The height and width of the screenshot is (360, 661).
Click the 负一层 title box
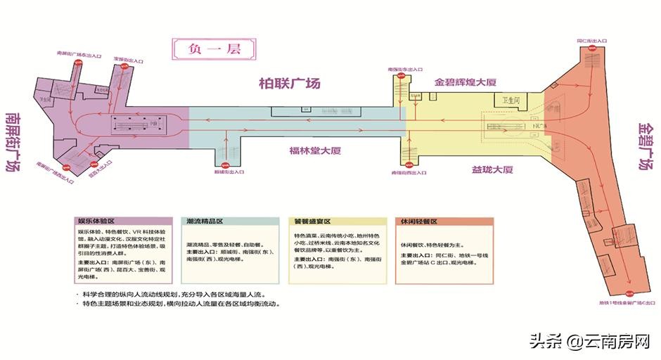click(x=214, y=50)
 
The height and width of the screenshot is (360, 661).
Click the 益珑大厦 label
click(x=492, y=170)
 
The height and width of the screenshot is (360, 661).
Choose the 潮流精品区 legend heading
click(x=205, y=221)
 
